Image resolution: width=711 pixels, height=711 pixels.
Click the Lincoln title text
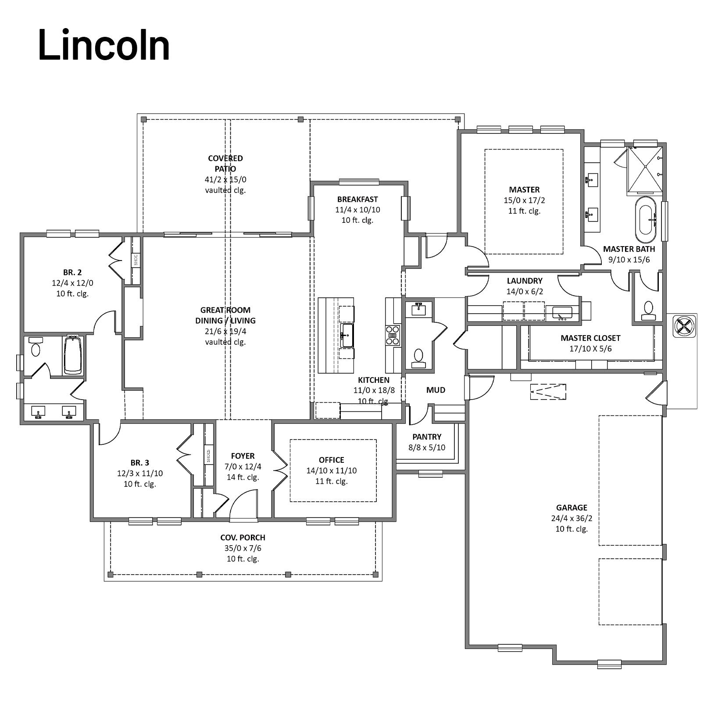pyautogui.click(x=104, y=45)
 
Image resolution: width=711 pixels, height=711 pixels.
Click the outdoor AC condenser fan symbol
pyautogui.click(x=685, y=326)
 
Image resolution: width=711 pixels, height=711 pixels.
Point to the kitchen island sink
pyautogui.click(x=347, y=336)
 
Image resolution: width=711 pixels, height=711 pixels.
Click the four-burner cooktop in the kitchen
pyautogui.click(x=393, y=335)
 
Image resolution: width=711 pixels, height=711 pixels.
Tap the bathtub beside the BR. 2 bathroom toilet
pyautogui.click(x=73, y=355)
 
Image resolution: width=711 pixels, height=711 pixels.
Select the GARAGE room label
pyautogui.click(x=572, y=507)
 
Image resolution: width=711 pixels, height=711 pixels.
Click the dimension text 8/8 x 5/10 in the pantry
pyautogui.click(x=427, y=447)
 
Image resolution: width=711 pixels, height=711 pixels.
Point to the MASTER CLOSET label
pyautogui.click(x=590, y=338)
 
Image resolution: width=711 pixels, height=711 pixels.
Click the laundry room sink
pyautogui.click(x=562, y=313)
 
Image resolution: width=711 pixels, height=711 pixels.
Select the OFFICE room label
pyautogui.click(x=332, y=460)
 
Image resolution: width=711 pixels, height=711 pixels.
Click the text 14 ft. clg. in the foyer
pyautogui.click(x=243, y=477)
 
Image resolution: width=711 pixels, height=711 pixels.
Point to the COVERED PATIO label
pyautogui.click(x=225, y=163)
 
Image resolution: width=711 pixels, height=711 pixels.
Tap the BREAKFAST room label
pyautogui.click(x=357, y=199)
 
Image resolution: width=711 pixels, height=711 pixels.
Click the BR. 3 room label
pyautogui.click(x=140, y=463)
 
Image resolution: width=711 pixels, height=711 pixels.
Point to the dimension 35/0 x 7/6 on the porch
pyautogui.click(x=243, y=548)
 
